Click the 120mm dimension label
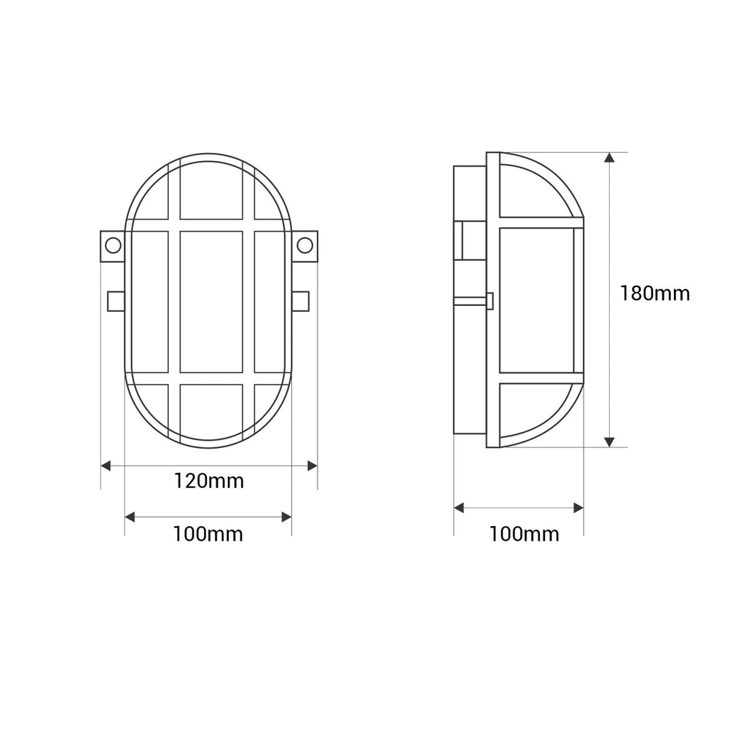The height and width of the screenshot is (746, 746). [208, 481]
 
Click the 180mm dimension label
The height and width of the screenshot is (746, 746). [655, 294]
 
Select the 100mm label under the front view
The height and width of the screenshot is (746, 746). [208, 534]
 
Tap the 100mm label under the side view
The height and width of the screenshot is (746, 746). [525, 534]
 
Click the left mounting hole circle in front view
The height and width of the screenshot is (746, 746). [113, 246]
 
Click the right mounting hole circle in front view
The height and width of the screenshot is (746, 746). [305, 246]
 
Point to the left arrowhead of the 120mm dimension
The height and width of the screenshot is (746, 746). [106, 466]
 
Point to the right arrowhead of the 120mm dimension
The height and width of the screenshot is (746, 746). [313, 466]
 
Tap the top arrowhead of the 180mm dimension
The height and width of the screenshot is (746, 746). [609, 157]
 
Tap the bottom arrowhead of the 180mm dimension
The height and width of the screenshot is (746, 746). [609, 442]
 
